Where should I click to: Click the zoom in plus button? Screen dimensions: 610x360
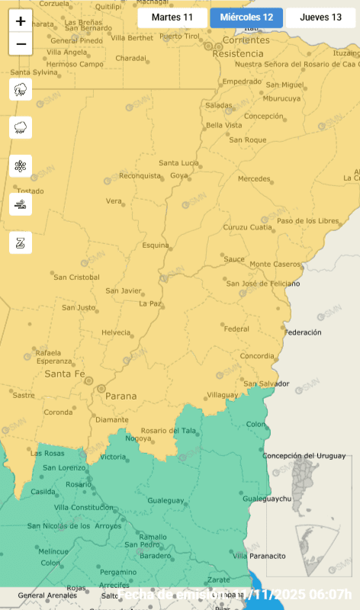pos(21,21)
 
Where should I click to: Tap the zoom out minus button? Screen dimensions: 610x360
pos(21,44)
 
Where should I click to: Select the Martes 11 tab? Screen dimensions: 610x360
pos(172,17)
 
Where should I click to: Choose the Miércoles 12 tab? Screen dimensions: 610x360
pos(246,17)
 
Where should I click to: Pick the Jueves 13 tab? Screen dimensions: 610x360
pos(320,17)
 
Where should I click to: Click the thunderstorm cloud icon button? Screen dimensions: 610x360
pos(21,90)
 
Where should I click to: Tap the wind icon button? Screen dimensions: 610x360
pos(21,204)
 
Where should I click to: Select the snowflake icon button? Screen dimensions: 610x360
pos(21,166)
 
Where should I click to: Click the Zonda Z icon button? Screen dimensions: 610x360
pos(21,242)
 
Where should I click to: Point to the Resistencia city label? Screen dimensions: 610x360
pos(238,54)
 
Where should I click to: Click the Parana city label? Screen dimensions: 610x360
pos(121,396)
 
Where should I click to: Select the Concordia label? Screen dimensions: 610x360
pos(257,356)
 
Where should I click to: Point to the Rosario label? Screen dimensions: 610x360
pos(78,484)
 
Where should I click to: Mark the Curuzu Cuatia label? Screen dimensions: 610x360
pos(247,227)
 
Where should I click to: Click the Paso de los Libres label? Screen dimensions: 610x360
pos(307,221)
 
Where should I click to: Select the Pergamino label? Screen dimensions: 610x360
pos(118,572)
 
